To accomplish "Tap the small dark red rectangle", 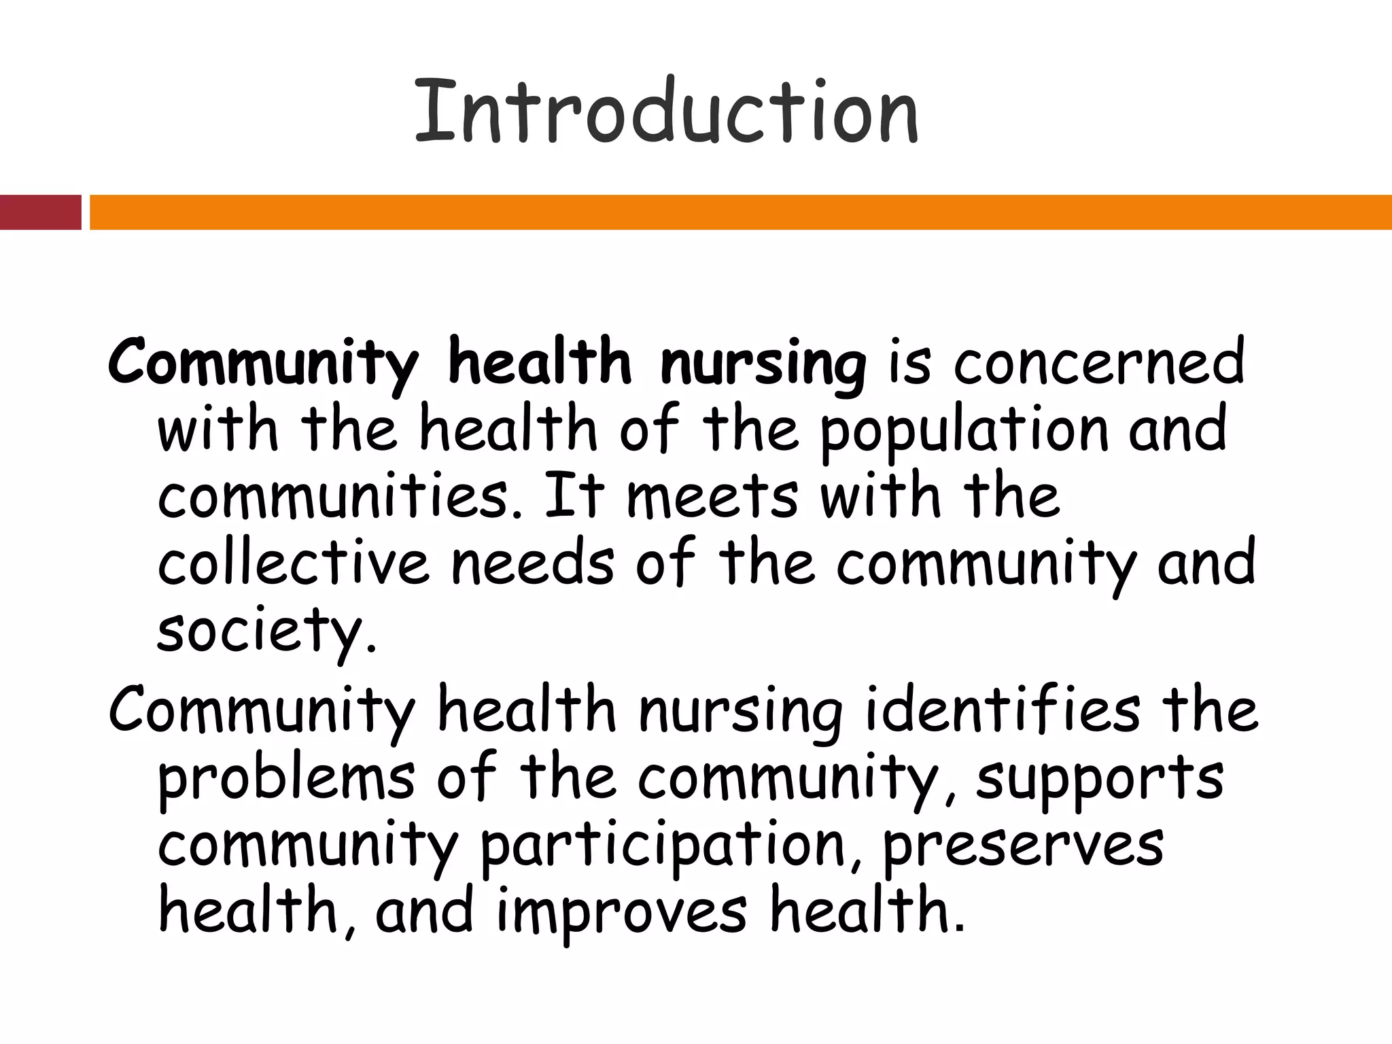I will coord(40,212).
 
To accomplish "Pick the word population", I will coord(964,431).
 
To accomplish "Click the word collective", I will coord(294,563).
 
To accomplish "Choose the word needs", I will coord(533,563).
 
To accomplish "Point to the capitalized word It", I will coord(574,497).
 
